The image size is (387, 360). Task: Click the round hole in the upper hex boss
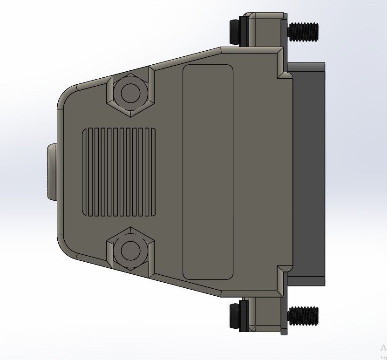[x=130, y=92]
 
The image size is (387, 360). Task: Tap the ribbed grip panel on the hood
[x=119, y=172]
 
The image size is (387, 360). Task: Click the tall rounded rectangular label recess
[x=208, y=172]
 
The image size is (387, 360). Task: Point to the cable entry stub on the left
[x=51, y=172]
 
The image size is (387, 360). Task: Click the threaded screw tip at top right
[x=304, y=31]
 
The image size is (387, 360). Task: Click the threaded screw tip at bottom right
[x=304, y=315]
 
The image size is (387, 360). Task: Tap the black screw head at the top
[x=235, y=31]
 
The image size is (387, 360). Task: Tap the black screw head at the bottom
[x=235, y=315]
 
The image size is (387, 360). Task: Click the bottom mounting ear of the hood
[x=265, y=314]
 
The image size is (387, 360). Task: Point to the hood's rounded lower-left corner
[x=65, y=249]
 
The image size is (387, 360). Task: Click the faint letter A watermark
[x=383, y=348]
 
